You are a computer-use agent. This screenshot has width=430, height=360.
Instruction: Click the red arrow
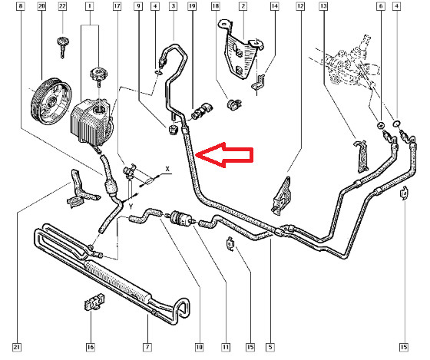[x=225, y=155]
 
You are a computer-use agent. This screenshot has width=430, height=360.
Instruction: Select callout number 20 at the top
[x=41, y=6]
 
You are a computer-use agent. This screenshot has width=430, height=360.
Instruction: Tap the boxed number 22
[x=62, y=6]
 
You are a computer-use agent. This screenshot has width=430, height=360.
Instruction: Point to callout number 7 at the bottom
[x=147, y=347]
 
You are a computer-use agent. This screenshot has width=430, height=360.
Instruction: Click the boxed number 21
[x=17, y=347]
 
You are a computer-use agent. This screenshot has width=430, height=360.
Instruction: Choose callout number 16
[x=91, y=347]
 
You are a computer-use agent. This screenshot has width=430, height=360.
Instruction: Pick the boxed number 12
[x=300, y=6]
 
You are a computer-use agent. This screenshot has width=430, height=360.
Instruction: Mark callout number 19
[x=192, y=6]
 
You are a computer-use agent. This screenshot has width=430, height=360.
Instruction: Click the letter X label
[x=167, y=169]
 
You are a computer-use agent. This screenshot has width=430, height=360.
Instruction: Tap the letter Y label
[x=131, y=206]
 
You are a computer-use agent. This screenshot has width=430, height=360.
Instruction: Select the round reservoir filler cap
[x=99, y=74]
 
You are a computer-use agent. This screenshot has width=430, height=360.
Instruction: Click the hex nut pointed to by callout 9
[x=172, y=130]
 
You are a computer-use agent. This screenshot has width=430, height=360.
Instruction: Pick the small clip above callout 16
[x=94, y=302]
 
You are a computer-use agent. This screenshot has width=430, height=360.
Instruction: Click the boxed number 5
[x=270, y=347]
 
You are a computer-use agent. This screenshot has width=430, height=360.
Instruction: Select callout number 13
[x=323, y=6]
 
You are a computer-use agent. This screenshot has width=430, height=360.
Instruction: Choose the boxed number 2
[x=243, y=6]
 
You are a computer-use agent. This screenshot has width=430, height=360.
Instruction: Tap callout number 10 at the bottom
[x=199, y=347]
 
